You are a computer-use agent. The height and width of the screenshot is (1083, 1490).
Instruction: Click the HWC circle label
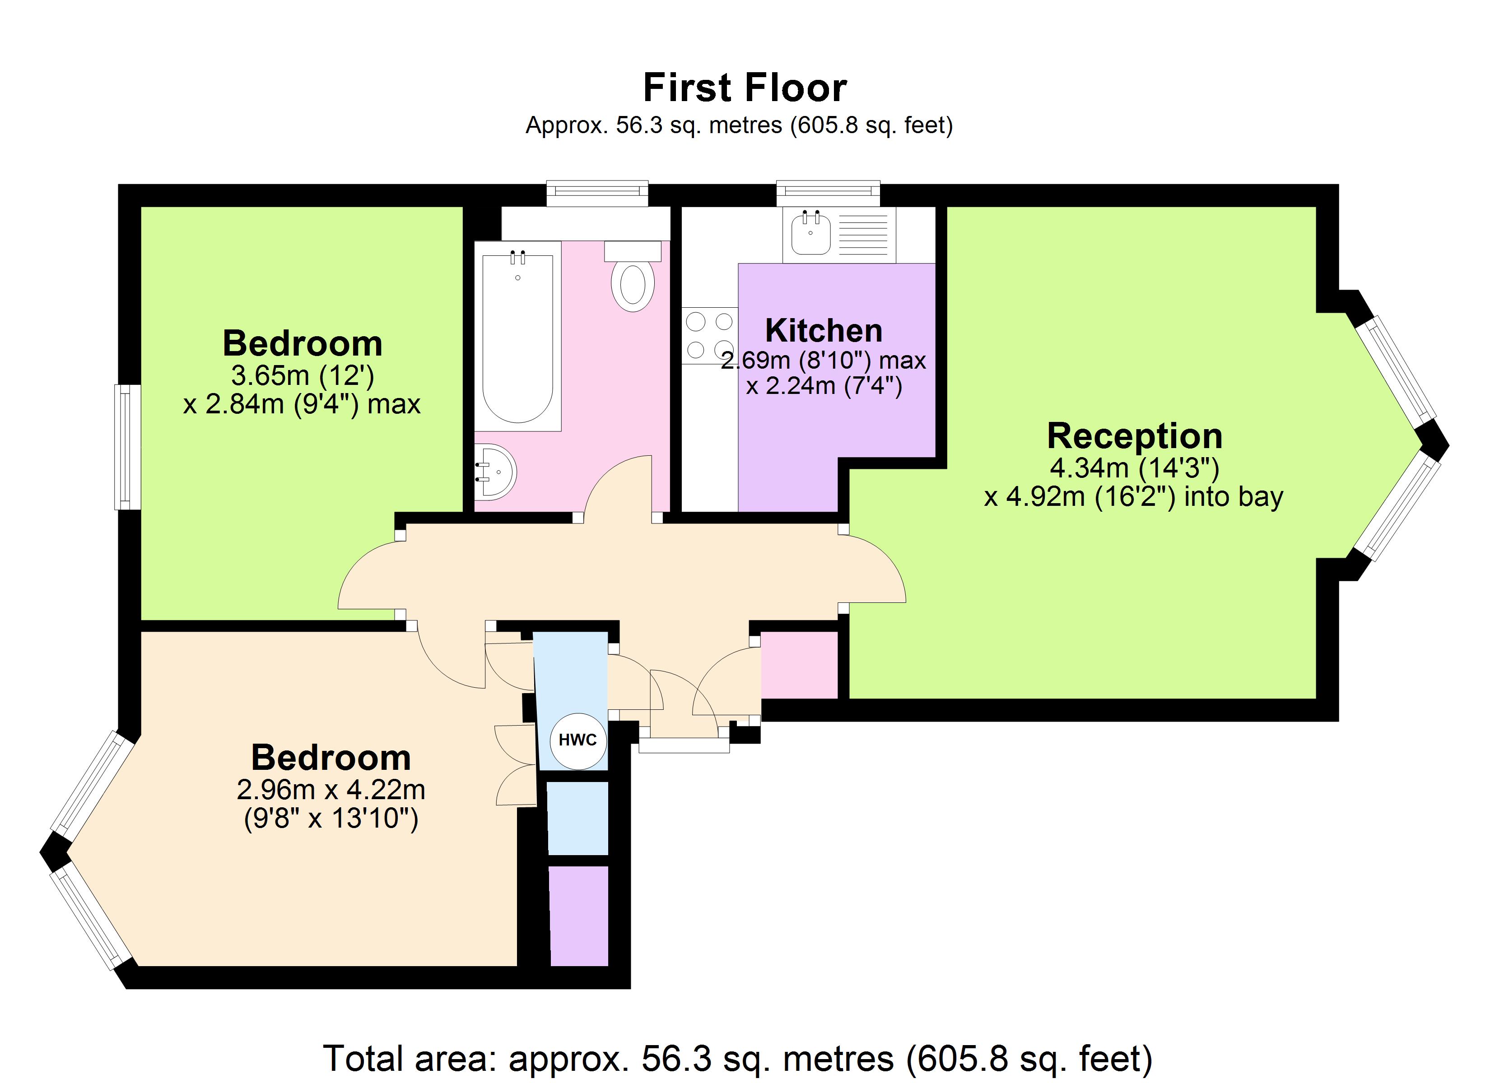coord(577,741)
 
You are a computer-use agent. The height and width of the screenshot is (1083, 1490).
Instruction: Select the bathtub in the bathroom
coord(518,336)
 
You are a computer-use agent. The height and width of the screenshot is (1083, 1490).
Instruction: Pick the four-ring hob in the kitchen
coord(709,335)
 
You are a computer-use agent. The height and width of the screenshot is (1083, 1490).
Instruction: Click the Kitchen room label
coord(824,330)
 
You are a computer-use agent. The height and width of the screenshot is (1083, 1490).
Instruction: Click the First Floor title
coord(745,88)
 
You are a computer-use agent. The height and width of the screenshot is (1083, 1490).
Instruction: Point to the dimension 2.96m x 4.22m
coord(331,789)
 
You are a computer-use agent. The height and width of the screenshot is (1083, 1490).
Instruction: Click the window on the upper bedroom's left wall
coord(127,447)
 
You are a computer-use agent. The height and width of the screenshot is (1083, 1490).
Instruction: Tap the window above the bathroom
coord(597,193)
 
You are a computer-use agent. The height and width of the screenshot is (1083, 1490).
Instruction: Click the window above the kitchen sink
coord(828,193)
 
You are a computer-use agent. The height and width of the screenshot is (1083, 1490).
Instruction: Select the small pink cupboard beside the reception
coord(800,665)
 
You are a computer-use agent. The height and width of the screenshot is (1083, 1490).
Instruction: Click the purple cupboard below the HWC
coord(579,916)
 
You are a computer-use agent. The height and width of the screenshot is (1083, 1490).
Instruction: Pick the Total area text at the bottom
coord(738,1059)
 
